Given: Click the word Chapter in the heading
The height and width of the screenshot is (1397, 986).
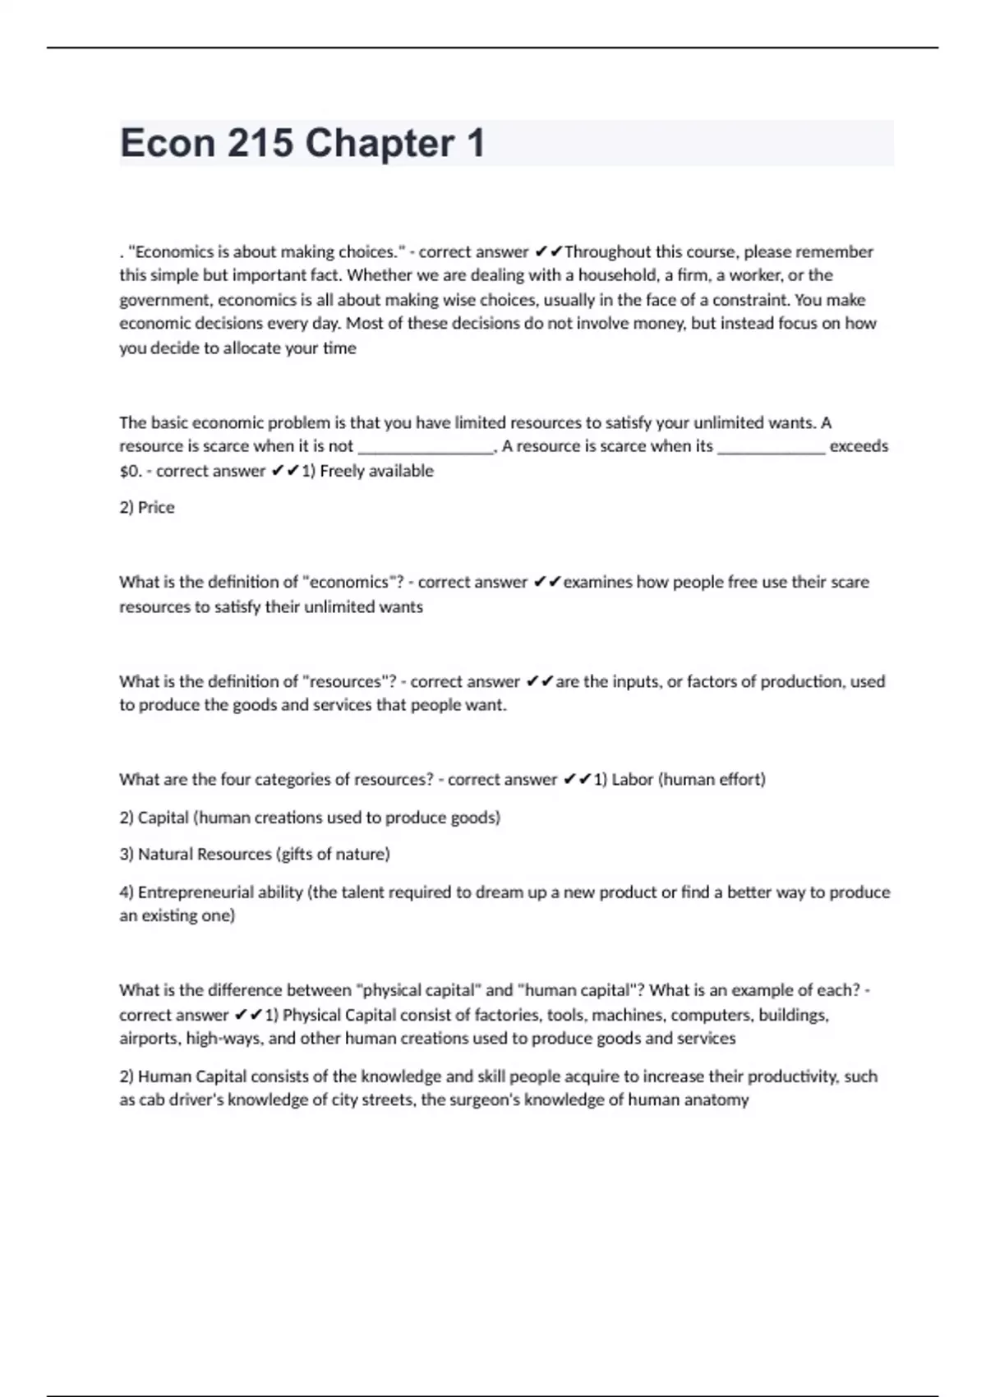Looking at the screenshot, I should click(x=380, y=143).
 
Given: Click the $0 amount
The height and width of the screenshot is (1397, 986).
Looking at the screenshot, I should click(x=130, y=471).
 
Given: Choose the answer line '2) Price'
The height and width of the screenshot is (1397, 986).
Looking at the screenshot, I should click(x=147, y=508).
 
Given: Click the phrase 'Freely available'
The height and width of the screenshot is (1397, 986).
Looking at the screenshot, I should click(x=376, y=471).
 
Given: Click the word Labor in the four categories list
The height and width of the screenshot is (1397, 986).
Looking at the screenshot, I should click(x=632, y=779).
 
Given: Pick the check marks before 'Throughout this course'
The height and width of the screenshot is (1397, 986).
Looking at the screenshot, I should click(x=548, y=251).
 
